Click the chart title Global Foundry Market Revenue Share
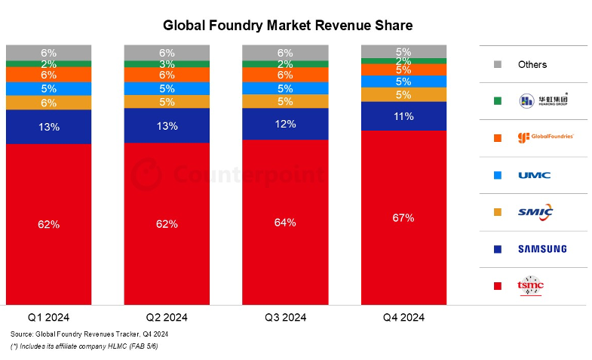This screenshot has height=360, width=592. pyautogui.click(x=288, y=25)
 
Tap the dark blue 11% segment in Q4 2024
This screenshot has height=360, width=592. pyautogui.click(x=403, y=116)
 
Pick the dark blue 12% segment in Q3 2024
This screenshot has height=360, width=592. pyautogui.click(x=285, y=124)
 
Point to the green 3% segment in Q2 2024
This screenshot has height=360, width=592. pyautogui.click(x=167, y=63)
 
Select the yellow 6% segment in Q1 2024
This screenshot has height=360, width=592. pyautogui.click(x=49, y=103)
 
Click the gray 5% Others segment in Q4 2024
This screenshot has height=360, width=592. pyautogui.click(x=403, y=52)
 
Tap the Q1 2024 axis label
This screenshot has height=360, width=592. pyautogui.click(x=48, y=317)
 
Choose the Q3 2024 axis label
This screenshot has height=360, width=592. pyautogui.click(x=284, y=317)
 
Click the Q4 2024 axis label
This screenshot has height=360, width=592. pyautogui.click(x=403, y=317)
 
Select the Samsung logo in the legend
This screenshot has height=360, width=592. pyautogui.click(x=541, y=249)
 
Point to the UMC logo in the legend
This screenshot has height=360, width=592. pyautogui.click(x=534, y=175)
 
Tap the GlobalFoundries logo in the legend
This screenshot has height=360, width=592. pyautogui.click(x=545, y=137)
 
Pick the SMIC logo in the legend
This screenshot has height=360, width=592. pyautogui.click(x=535, y=212)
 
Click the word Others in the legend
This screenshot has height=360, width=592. pyautogui.click(x=532, y=65)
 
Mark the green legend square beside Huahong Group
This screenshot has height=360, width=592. pyautogui.click(x=498, y=101)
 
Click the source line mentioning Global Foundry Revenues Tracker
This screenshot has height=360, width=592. pyautogui.click(x=89, y=334)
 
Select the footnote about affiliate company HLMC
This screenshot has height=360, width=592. pyautogui.click(x=84, y=346)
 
